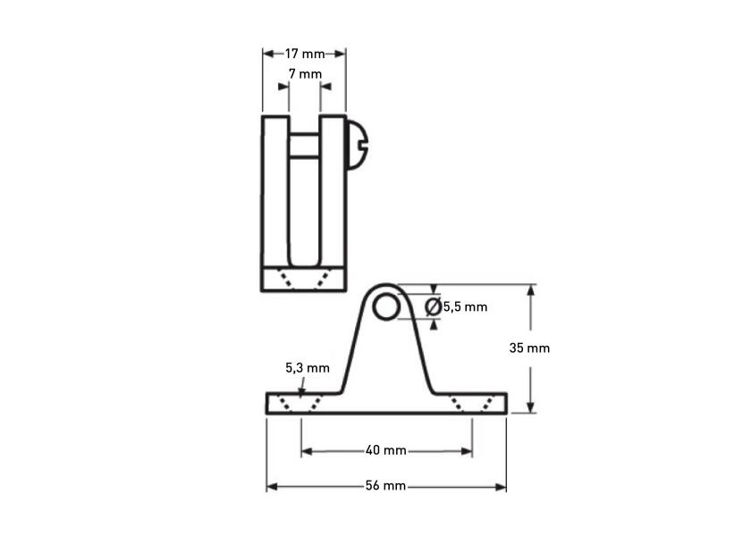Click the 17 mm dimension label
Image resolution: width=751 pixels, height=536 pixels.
[305, 54]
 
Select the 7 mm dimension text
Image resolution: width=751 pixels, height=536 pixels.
[305, 74]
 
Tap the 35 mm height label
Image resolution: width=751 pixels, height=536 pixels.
[529, 348]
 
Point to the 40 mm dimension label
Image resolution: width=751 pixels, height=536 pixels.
[386, 450]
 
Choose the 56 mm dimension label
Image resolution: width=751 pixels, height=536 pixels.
[385, 486]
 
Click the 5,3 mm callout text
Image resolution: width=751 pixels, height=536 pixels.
[308, 368]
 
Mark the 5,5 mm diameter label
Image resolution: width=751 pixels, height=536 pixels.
[465, 306]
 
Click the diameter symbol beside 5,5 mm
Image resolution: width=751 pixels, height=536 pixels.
[434, 306]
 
